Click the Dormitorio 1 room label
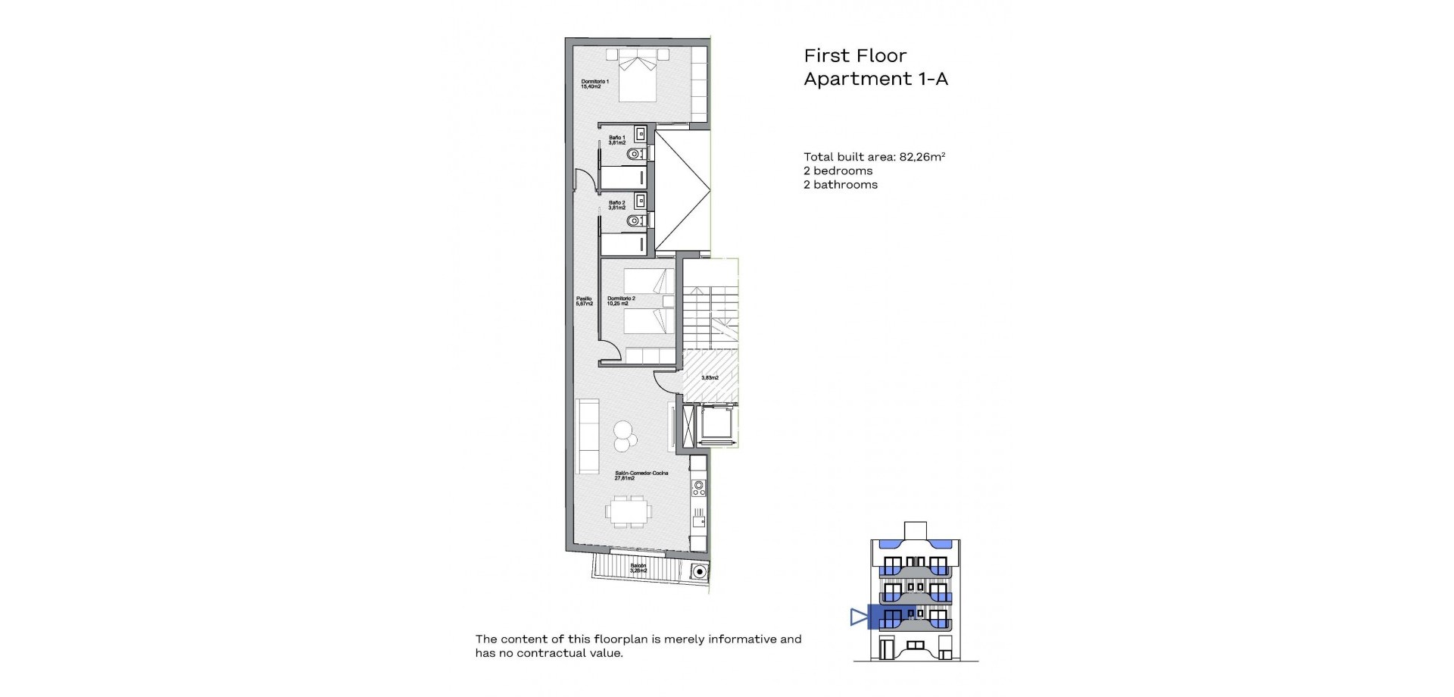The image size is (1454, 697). (x=594, y=83)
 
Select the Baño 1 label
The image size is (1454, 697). (x=617, y=140)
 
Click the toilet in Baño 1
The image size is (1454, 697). (x=636, y=154)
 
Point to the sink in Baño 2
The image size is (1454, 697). (x=641, y=201)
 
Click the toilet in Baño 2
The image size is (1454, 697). (x=636, y=220)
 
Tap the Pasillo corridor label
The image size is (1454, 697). (x=584, y=301)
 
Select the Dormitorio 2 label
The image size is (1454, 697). (x=621, y=301)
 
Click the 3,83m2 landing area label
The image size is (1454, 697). (x=710, y=377)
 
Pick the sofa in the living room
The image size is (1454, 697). (x=588, y=436)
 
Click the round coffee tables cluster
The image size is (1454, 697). (x=625, y=435)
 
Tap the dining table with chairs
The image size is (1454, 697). (x=628, y=512)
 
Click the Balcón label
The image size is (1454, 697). (x=638, y=567)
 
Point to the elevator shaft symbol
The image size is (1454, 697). (x=716, y=425)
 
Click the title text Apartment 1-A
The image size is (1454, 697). (x=875, y=79)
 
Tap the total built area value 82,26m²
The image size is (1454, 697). (x=922, y=157)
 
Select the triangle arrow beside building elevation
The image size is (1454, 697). (x=858, y=617)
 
